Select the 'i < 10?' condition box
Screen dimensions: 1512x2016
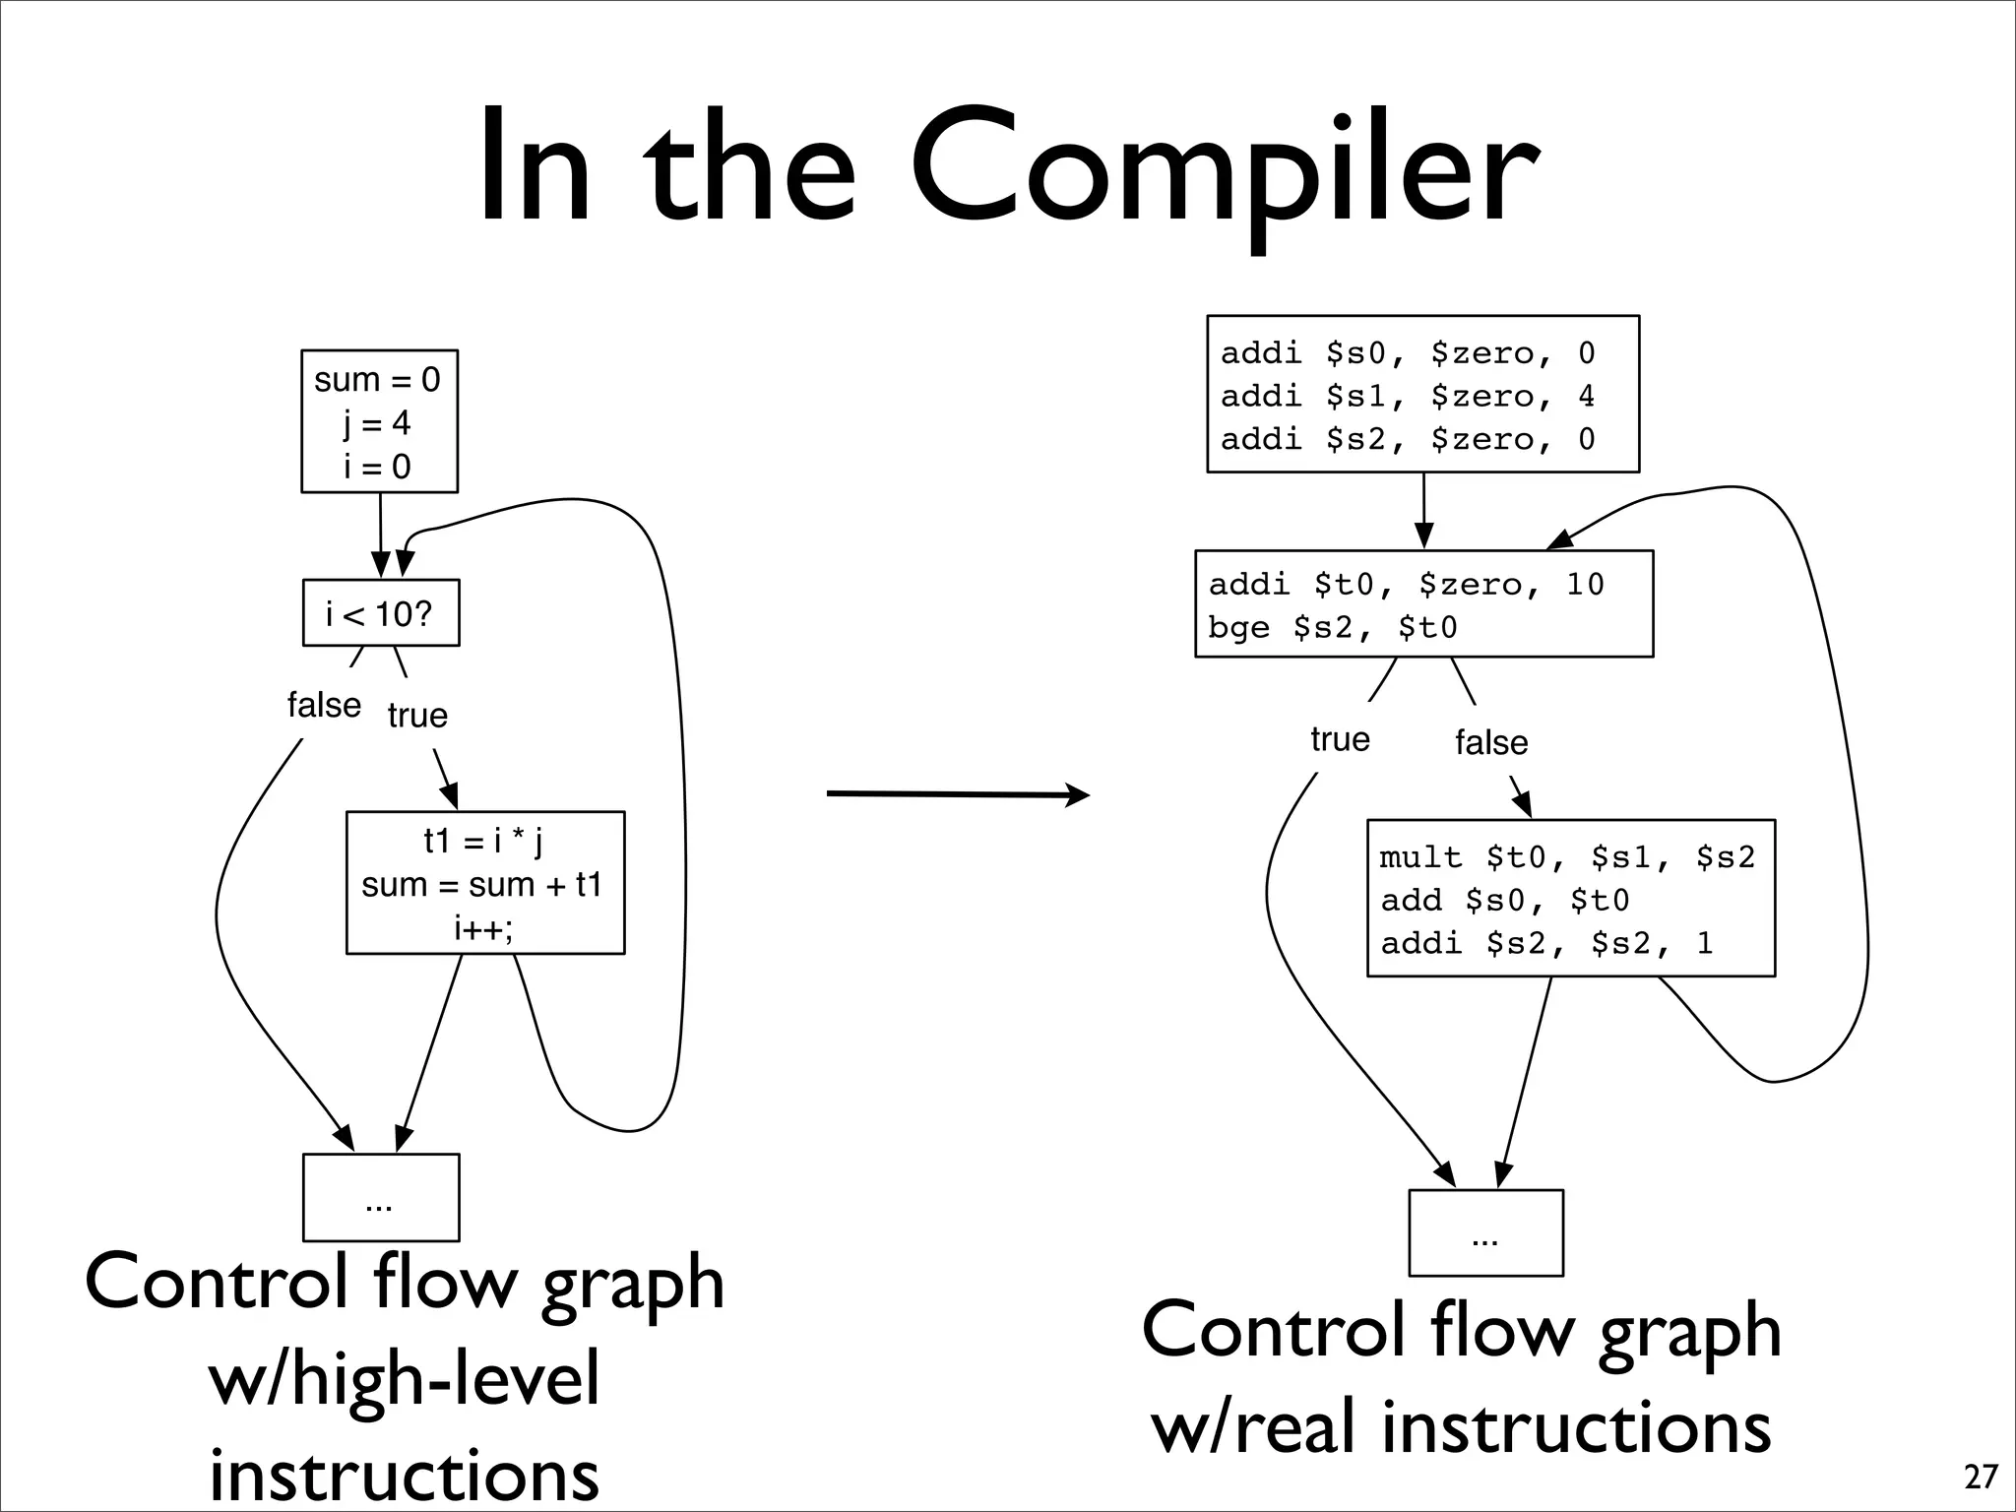click(380, 613)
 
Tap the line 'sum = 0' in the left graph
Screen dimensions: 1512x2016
click(377, 380)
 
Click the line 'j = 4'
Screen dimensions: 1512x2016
click(377, 423)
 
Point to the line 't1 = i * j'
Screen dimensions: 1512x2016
click(483, 841)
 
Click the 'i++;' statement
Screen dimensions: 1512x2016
click(483, 927)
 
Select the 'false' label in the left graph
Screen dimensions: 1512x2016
click(324, 705)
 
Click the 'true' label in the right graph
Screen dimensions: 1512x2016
click(1340, 738)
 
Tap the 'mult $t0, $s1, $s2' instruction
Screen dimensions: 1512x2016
click(1567, 857)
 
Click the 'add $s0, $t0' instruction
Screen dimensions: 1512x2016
click(1504, 901)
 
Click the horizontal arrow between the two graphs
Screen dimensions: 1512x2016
click(957, 793)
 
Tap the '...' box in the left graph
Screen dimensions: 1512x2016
click(380, 1197)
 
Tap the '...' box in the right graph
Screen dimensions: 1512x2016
click(1485, 1232)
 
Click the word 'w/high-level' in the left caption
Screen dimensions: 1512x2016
click(404, 1378)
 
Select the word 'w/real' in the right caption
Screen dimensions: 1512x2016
click(1259, 1427)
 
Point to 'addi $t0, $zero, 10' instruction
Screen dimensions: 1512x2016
click(1406, 585)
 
